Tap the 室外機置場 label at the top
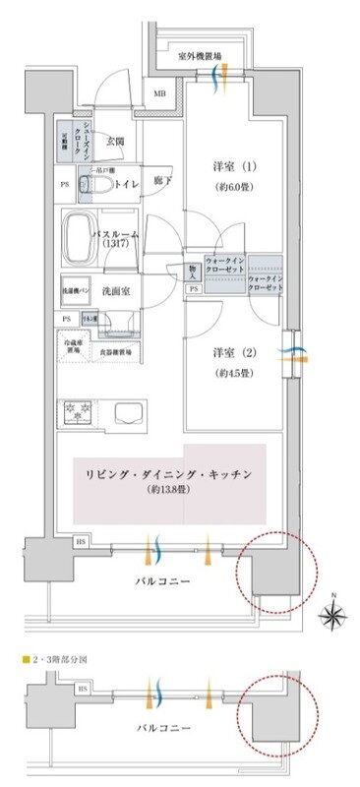click(x=200, y=57)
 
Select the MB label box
click(x=158, y=93)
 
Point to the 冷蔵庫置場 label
click(x=72, y=349)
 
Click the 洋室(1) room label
click(x=232, y=163)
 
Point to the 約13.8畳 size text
click(x=169, y=489)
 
